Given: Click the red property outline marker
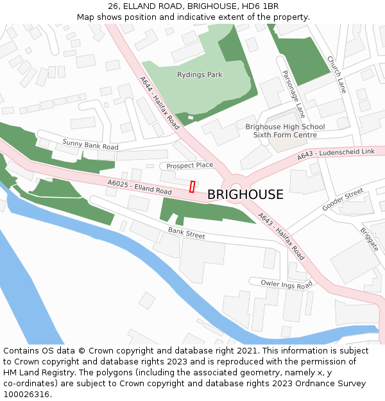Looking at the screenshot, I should pyautogui.click(x=192, y=186).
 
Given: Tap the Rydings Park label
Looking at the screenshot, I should pyautogui.click(x=200, y=75).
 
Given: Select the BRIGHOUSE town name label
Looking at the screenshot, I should pyautogui.click(x=245, y=195).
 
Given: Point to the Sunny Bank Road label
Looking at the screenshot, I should pyautogui.click(x=90, y=145).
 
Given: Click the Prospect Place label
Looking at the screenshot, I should pyautogui.click(x=189, y=166).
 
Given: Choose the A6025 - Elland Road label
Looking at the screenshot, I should pyautogui.click(x=139, y=187).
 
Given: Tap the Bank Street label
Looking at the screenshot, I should pyautogui.click(x=187, y=232).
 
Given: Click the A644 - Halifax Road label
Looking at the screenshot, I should pyautogui.click(x=160, y=103).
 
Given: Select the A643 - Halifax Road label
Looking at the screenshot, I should pyautogui.click(x=281, y=235).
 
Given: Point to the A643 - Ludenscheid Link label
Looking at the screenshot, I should pyautogui.click(x=336, y=155).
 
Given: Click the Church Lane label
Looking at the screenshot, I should pyautogui.click(x=336, y=75).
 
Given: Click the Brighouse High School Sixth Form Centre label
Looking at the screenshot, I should pyautogui.click(x=285, y=131).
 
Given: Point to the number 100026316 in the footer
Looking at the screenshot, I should pyautogui.click(x=27, y=395).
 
